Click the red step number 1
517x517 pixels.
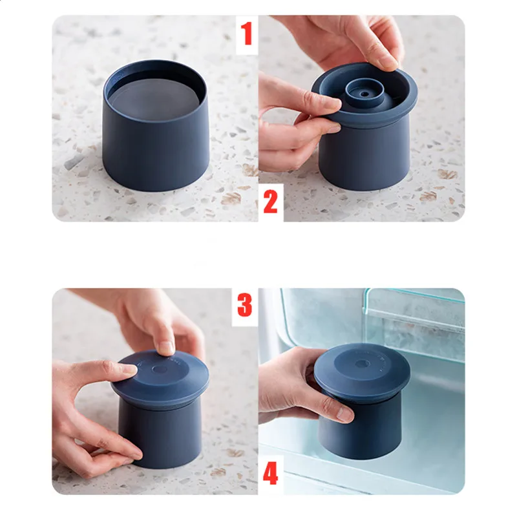pyautogui.click(x=246, y=34)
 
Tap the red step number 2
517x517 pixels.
pyautogui.click(x=270, y=202)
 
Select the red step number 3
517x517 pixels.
pyautogui.click(x=245, y=305)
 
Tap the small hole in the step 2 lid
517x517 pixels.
pyautogui.click(x=364, y=94)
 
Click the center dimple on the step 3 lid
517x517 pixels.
pyautogui.click(x=160, y=369)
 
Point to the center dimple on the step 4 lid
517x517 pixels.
pyautogui.click(x=362, y=364)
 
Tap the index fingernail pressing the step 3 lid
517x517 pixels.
pyautogui.click(x=166, y=347)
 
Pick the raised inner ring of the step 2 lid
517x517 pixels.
pyautogui.click(x=364, y=93)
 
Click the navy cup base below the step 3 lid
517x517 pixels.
pyautogui.click(x=159, y=434)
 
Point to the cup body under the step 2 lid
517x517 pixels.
pyautogui.click(x=364, y=152)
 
